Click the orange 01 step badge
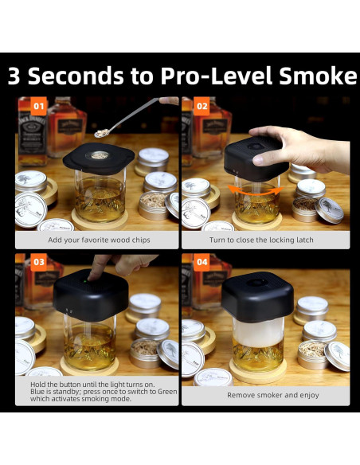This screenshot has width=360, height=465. click(x=38, y=106)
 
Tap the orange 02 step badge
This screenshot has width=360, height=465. click(x=202, y=106)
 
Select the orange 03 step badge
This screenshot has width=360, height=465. click(x=38, y=262)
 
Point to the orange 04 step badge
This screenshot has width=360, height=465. click(x=202, y=262)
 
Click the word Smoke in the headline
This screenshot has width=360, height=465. click(x=318, y=76)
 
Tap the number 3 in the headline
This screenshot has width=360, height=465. click(x=14, y=76)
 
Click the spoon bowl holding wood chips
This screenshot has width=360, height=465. click(x=103, y=133)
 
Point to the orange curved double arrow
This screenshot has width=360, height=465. click(x=256, y=190)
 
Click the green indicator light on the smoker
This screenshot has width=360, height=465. click(x=84, y=281)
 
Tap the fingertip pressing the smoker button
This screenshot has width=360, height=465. click(x=92, y=276)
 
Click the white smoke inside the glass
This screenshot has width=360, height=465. click(x=258, y=332)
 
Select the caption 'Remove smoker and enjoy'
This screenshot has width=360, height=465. click(x=273, y=395)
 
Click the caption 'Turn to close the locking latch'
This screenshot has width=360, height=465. click(x=261, y=240)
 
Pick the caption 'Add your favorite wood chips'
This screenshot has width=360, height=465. click(x=99, y=240)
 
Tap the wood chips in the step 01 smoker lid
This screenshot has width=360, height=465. click(x=99, y=155)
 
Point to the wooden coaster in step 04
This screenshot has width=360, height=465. click(x=258, y=371)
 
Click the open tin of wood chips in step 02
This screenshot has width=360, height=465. click(x=305, y=209)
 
